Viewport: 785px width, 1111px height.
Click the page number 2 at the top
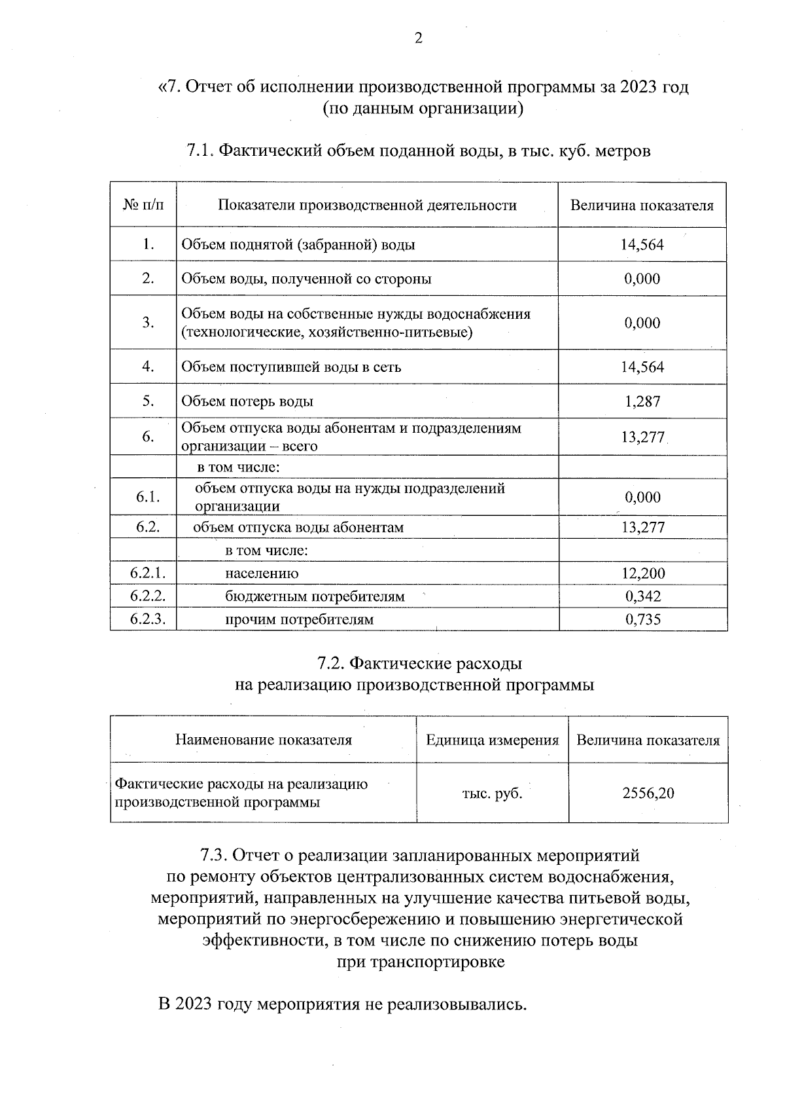tap(419, 38)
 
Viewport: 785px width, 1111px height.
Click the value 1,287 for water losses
tap(642, 401)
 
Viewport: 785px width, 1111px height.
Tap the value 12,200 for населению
tap(642, 574)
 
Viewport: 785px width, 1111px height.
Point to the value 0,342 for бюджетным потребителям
tap(642, 596)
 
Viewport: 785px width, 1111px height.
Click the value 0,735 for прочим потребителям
tap(642, 619)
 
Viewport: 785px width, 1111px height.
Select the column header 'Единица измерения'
tap(492, 740)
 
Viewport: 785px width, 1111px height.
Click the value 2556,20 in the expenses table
tap(648, 793)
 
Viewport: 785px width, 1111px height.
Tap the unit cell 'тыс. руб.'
tap(492, 793)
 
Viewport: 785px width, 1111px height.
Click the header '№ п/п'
tap(143, 206)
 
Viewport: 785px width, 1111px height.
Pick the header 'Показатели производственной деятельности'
tap(367, 206)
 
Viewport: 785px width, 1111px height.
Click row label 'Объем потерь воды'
tap(247, 401)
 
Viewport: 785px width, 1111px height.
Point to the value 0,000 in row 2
tap(642, 279)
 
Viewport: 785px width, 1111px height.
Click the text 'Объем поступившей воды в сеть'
tap(291, 367)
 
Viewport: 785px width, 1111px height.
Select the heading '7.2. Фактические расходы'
tap(419, 664)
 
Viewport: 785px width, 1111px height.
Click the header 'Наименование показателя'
tap(263, 740)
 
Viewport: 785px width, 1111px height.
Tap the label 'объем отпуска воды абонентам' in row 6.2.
tap(298, 528)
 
